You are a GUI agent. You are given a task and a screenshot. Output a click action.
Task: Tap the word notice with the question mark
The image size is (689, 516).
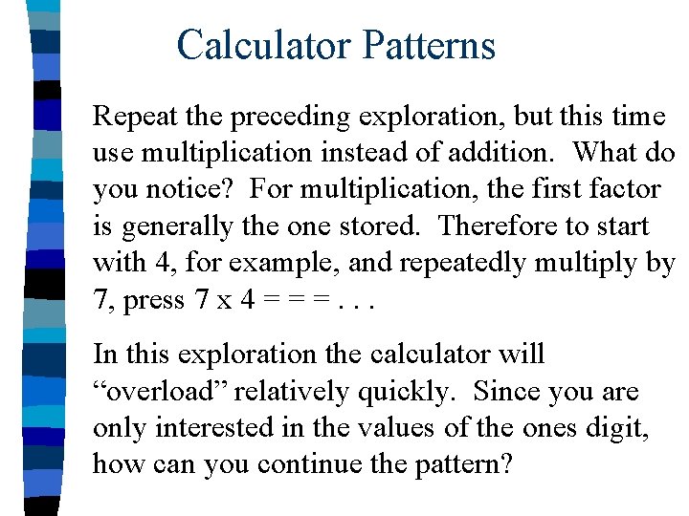click(x=191, y=189)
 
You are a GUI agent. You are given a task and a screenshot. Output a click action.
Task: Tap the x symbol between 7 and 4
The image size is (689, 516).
click(x=222, y=301)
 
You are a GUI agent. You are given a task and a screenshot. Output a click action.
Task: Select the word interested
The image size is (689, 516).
click(x=211, y=427)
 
